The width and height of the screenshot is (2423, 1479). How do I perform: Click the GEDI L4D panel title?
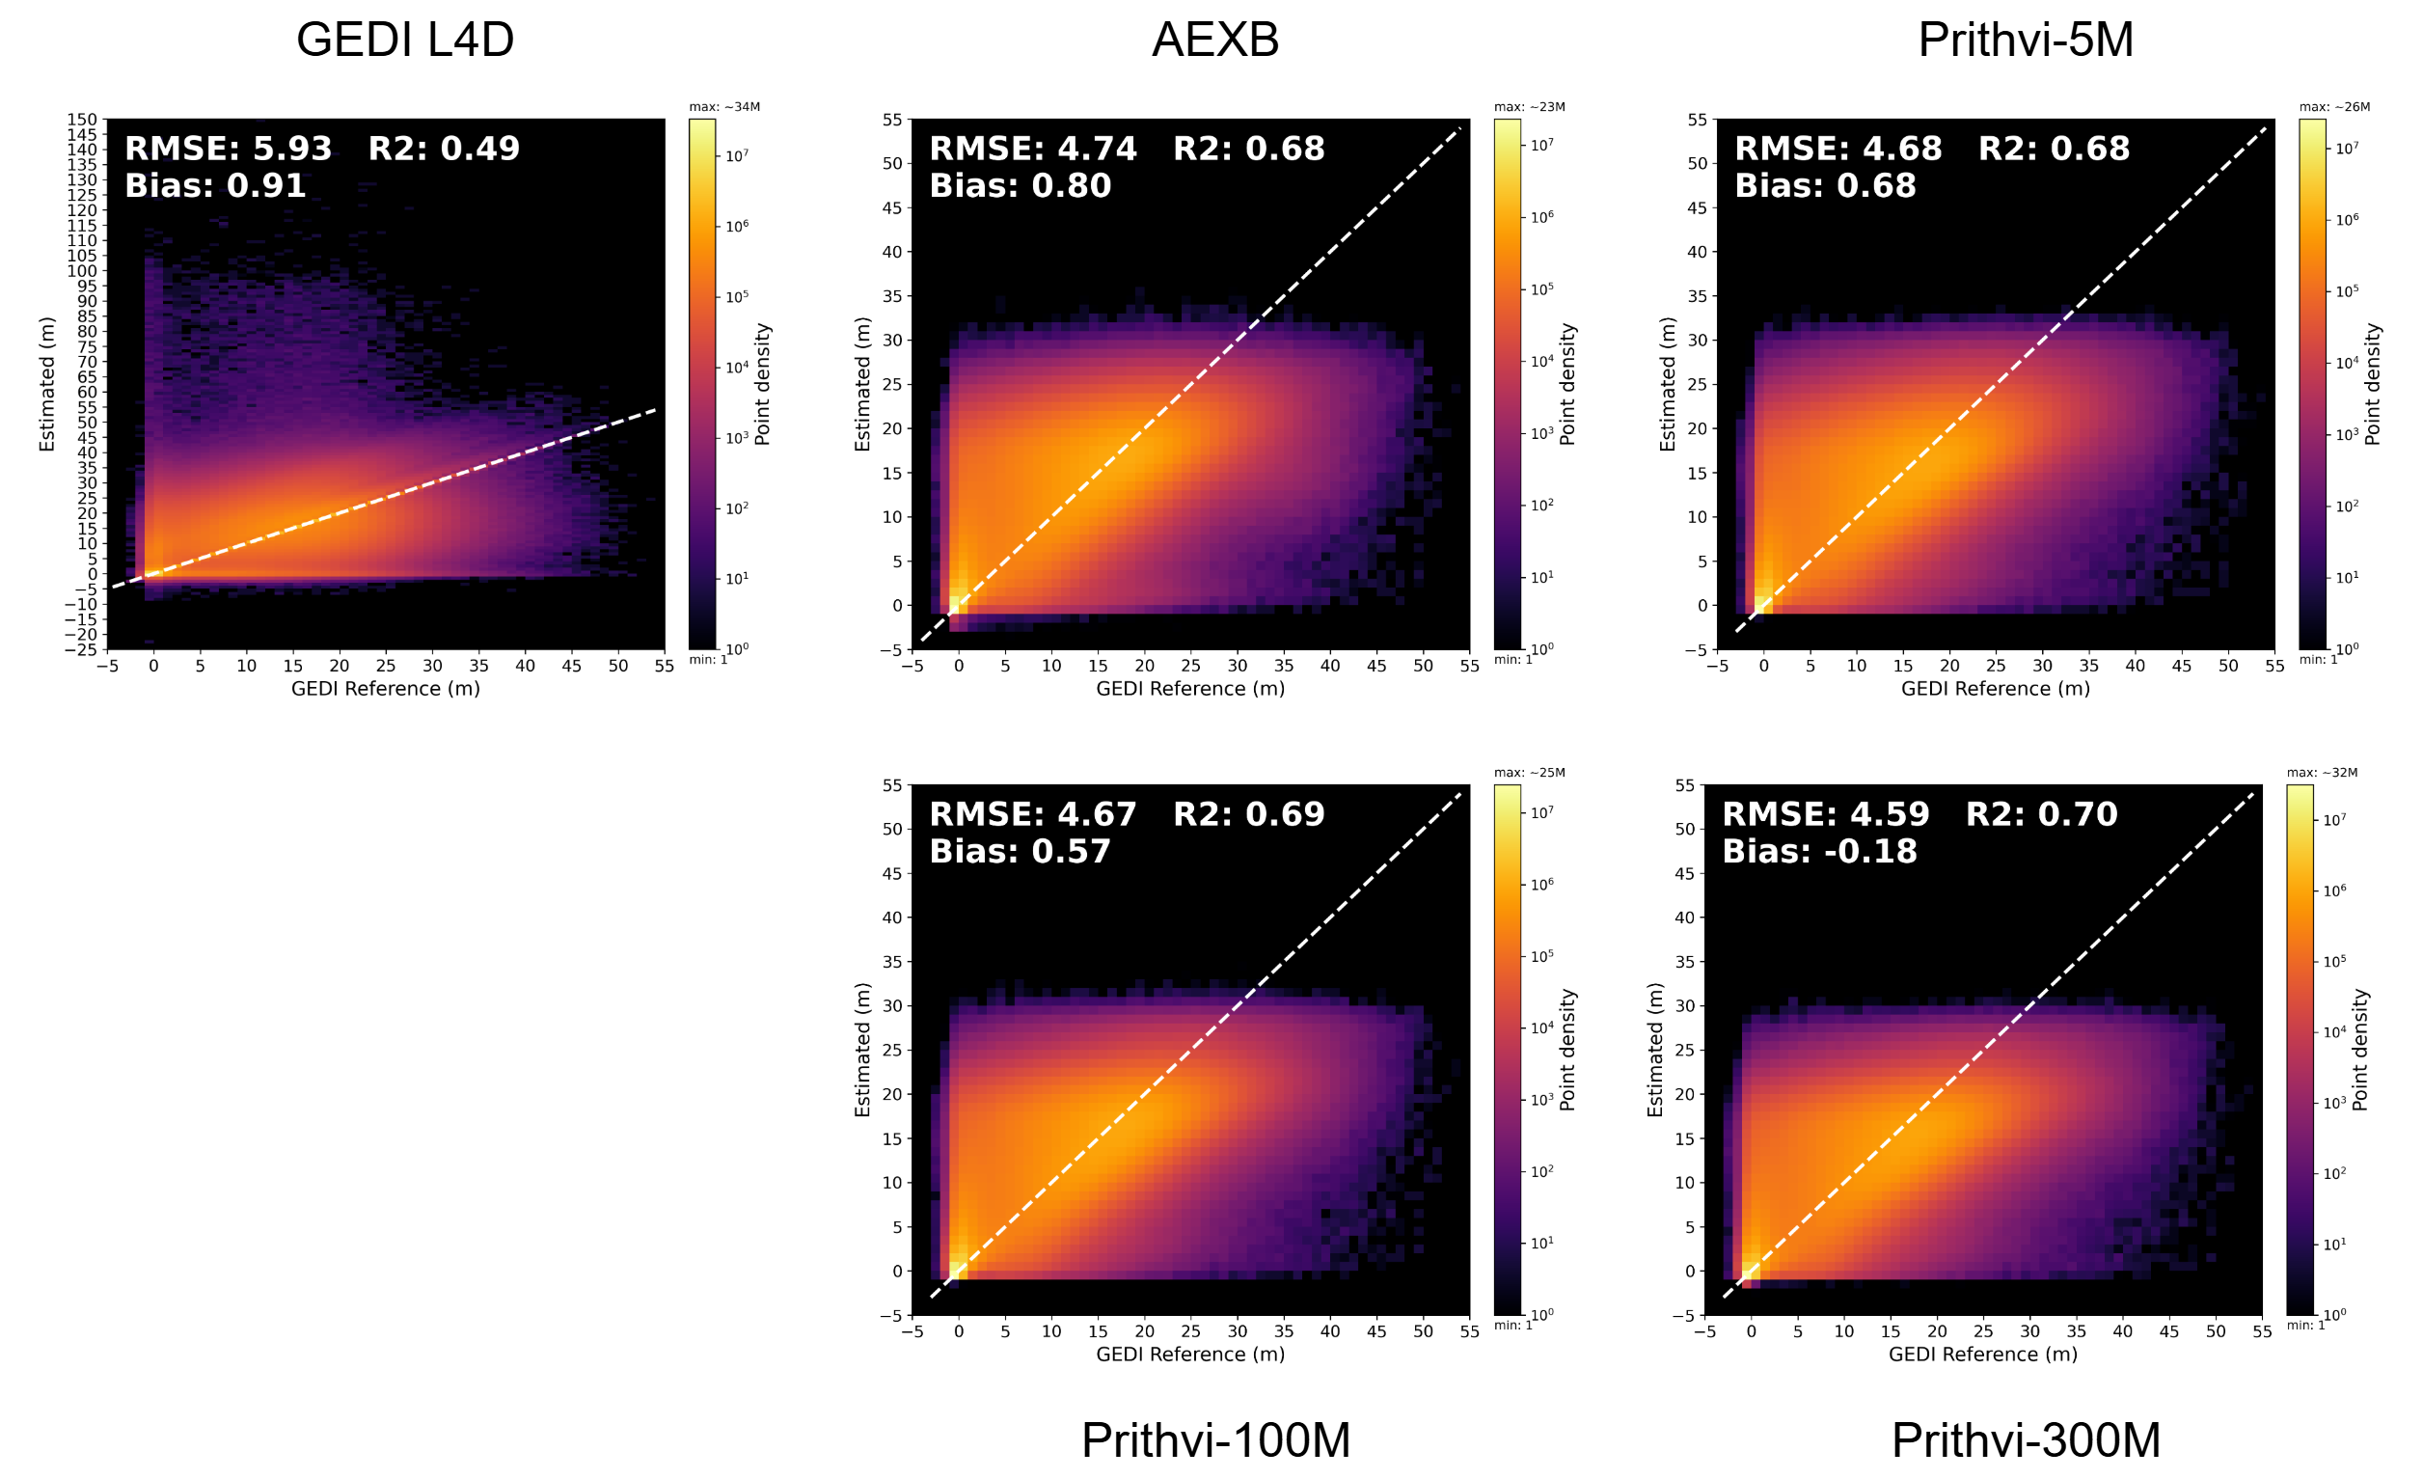click(x=405, y=41)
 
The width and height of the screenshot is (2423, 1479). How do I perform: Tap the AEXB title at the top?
click(x=1215, y=41)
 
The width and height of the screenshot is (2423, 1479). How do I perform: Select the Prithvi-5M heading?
click(x=2026, y=41)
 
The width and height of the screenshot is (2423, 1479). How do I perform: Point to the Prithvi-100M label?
click(x=1215, y=1440)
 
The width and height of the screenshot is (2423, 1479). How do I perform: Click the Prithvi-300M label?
click(x=2026, y=1440)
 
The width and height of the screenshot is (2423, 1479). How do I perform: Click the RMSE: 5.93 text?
click(x=229, y=149)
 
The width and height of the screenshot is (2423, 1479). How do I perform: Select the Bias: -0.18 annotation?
click(x=1819, y=852)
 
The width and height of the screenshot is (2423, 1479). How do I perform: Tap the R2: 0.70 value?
click(x=2041, y=814)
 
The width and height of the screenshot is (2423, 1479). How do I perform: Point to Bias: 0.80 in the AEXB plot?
click(x=1020, y=186)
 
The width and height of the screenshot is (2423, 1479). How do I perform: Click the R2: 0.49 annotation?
click(x=444, y=149)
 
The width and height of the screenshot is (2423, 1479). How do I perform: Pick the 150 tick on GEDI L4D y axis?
click(x=82, y=120)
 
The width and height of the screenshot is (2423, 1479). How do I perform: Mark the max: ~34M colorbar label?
click(x=723, y=107)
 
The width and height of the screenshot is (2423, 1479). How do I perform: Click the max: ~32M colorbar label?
click(x=2322, y=773)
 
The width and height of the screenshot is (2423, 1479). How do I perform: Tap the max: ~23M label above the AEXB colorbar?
click(x=1529, y=107)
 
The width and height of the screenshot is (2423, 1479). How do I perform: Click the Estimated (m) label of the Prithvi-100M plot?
click(x=862, y=1051)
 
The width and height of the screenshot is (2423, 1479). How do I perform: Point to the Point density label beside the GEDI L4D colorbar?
click(x=762, y=385)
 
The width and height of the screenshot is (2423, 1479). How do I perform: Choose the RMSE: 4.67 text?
click(x=1032, y=814)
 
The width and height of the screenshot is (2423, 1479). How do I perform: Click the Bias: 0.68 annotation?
click(x=1825, y=186)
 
